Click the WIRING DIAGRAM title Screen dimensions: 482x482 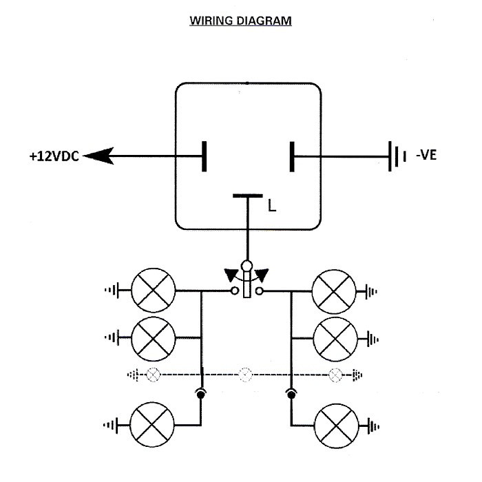240,21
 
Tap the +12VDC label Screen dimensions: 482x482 54,156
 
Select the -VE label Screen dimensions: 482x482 426,155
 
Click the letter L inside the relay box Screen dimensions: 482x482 272,206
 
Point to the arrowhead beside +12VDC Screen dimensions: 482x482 98,156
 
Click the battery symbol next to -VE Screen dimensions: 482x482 397,156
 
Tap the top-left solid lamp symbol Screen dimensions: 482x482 153,290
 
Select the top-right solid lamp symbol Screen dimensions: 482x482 334,291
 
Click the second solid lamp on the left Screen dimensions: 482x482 153,339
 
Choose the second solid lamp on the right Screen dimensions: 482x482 336,339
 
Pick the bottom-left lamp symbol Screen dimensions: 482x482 152,425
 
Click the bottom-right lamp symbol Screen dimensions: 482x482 337,426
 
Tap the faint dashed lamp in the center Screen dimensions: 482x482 245,375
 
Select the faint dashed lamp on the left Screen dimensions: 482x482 153,375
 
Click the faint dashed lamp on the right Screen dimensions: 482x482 335,375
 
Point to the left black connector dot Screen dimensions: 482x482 200,395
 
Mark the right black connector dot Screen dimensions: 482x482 291,395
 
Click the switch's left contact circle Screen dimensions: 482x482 235,291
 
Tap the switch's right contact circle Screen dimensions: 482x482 260,291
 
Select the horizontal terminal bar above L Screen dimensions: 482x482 248,196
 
